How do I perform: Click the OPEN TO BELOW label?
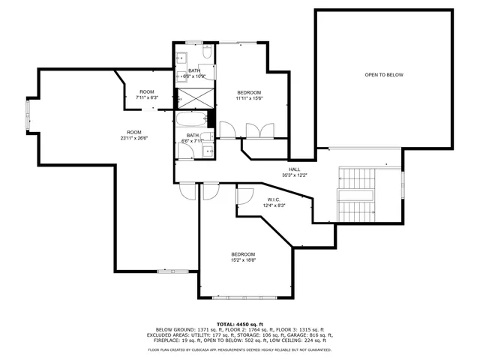point(384,75)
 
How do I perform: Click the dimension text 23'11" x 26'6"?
point(134,138)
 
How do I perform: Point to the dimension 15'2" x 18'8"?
point(243,259)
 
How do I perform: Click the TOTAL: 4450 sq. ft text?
point(240,323)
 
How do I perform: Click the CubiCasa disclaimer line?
point(240,349)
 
